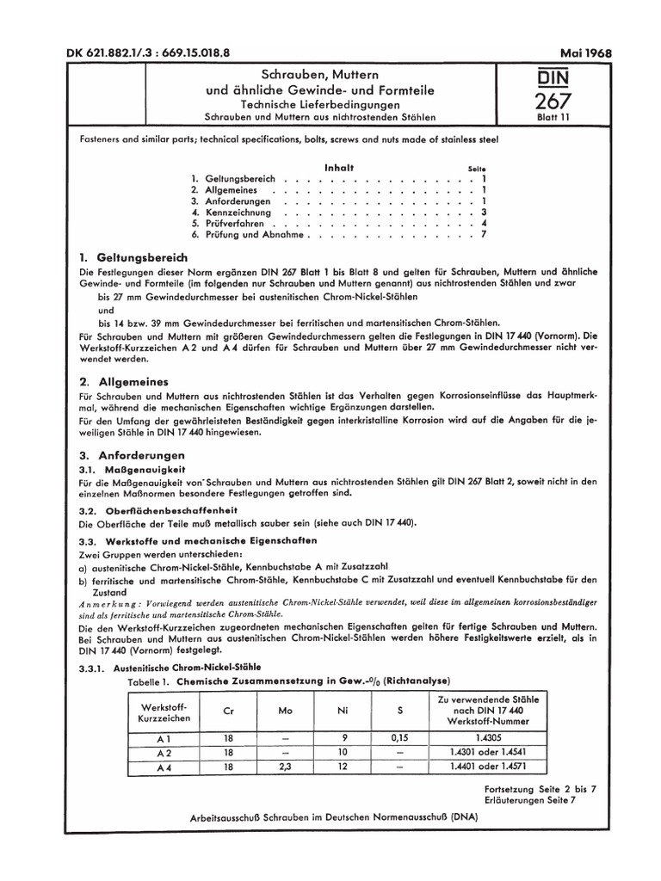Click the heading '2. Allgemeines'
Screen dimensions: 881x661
coord(122,380)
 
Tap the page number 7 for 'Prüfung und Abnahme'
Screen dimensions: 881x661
coord(485,234)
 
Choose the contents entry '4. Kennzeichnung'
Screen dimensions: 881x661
coord(232,212)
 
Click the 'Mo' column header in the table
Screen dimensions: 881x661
coord(285,712)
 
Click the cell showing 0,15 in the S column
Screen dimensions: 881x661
coord(397,738)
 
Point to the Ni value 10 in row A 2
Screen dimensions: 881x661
coord(342,752)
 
